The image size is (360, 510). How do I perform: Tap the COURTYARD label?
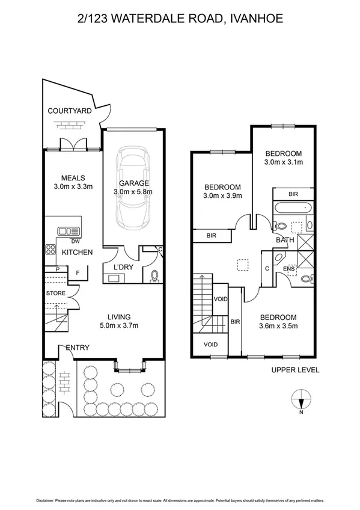pyautogui.click(x=70, y=111)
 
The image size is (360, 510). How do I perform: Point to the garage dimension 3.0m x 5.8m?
pyautogui.click(x=133, y=192)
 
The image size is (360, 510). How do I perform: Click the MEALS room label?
pyautogui.click(x=73, y=177)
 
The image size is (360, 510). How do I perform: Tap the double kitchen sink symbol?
pyautogui.click(x=69, y=231)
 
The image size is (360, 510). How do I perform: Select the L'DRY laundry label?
pyautogui.click(x=123, y=266)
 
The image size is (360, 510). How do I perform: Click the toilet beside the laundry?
pyautogui.click(x=154, y=276)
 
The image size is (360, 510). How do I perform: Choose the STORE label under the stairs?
pyautogui.click(x=56, y=293)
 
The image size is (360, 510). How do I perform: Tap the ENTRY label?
pyautogui.click(x=77, y=347)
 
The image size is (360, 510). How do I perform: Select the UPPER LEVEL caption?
pyautogui.click(x=295, y=370)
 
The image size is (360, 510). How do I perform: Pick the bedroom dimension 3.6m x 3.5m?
pyautogui.click(x=278, y=327)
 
